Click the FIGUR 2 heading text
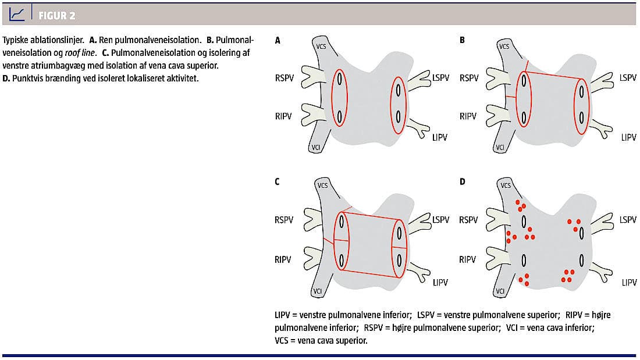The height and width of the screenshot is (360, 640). point(56,15)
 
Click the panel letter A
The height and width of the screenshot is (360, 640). point(278,41)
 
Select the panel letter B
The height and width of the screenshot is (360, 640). point(462,41)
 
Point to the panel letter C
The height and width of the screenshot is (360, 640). point(278,181)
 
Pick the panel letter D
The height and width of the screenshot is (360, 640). point(463,181)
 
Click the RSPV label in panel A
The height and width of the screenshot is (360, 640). point(286,77)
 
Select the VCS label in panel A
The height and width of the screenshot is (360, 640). point(321,45)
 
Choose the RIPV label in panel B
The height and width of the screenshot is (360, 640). point(468,116)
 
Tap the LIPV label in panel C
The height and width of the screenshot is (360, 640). point(440,283)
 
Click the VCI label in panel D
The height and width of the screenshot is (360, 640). point(501,291)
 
